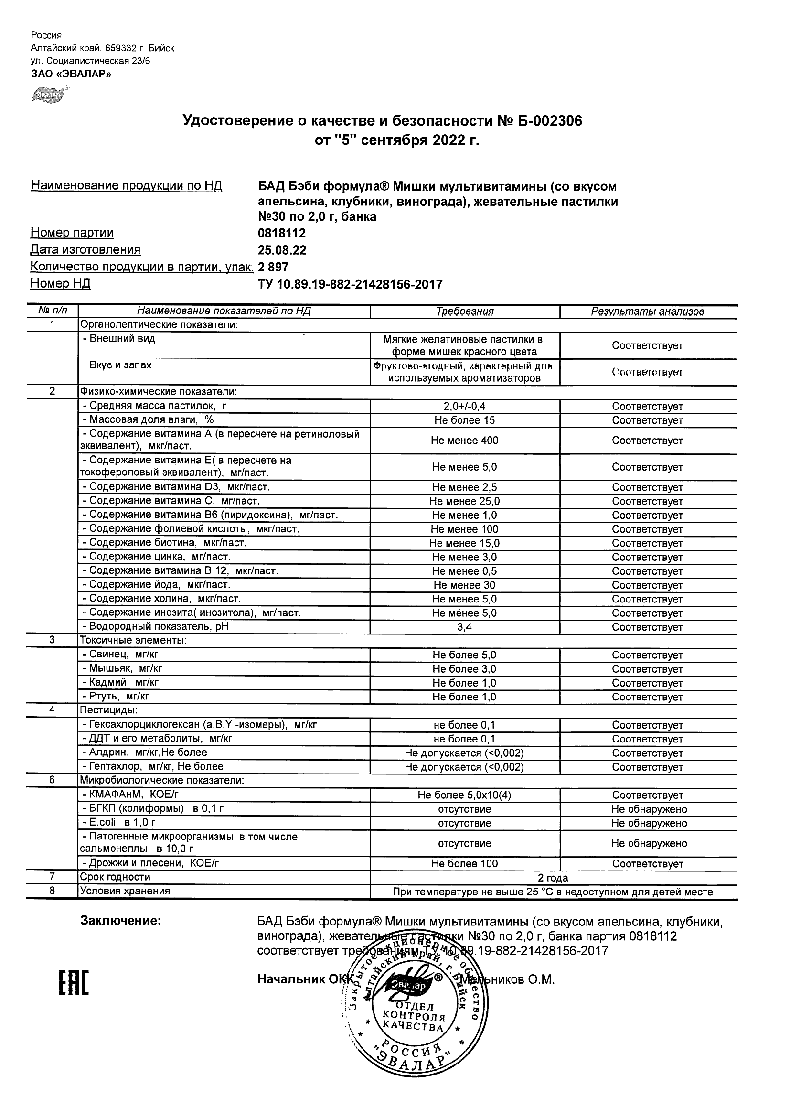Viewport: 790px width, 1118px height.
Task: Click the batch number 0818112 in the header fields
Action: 282,233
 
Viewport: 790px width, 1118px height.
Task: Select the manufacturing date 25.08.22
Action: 282,250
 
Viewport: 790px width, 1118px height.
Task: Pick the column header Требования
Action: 465,312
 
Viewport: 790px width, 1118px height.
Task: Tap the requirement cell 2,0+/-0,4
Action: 465,407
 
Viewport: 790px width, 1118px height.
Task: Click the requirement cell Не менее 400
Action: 465,441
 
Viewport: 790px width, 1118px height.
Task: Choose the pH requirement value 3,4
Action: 465,627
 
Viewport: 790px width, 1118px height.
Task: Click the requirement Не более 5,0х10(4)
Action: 465,795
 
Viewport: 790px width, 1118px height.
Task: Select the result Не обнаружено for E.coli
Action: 649,823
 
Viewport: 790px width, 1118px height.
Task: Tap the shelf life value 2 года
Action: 553,878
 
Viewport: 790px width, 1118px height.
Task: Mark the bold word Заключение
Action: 121,921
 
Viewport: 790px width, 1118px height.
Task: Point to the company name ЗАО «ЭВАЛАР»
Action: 71,74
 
